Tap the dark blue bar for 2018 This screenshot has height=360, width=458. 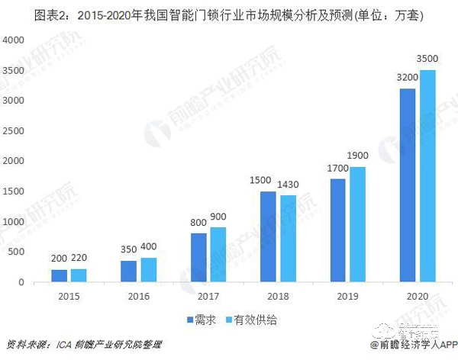tap(267, 236)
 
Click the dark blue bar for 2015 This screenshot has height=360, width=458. tap(59, 276)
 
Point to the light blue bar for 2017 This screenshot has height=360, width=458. tap(219, 255)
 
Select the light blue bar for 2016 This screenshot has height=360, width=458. tap(147, 270)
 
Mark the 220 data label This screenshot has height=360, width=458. tap(80, 259)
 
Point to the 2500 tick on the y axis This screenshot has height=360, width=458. tap(13, 130)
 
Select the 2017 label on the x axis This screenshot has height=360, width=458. tap(208, 296)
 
